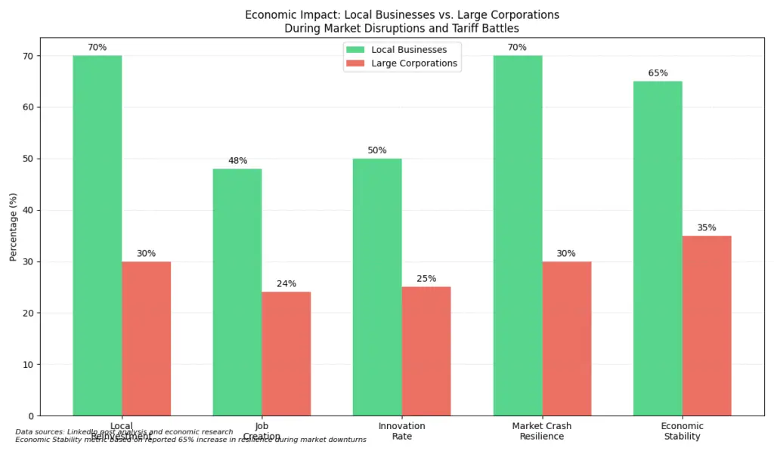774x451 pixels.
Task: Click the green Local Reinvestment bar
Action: point(97,235)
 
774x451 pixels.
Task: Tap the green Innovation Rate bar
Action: point(377,287)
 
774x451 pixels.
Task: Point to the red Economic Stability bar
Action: point(706,326)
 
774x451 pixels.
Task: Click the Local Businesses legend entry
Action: point(401,50)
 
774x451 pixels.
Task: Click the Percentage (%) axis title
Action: point(13,227)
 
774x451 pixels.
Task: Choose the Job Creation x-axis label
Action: point(262,431)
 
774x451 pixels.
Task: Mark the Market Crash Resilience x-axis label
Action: point(542,431)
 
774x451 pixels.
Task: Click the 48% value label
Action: point(237,161)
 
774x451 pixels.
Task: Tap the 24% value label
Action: point(286,284)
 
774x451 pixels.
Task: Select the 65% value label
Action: point(658,73)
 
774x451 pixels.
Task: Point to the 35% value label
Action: point(707,227)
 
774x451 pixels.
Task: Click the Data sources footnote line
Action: point(125,432)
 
